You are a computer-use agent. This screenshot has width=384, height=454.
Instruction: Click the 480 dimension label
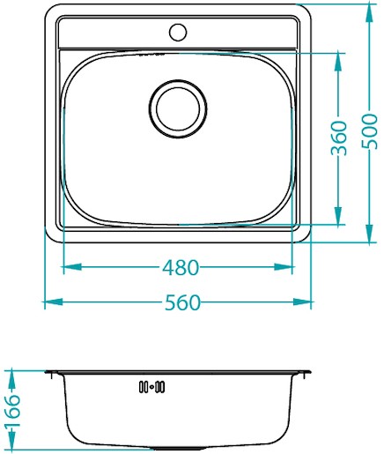(x=181, y=267)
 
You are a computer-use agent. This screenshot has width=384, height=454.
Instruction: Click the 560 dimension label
(x=182, y=302)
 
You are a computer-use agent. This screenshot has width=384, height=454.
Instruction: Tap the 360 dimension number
(x=338, y=138)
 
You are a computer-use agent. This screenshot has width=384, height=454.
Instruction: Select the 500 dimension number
(x=369, y=131)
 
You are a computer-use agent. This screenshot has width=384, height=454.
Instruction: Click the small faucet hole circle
(x=178, y=32)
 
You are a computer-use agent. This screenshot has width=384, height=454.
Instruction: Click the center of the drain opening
(x=178, y=108)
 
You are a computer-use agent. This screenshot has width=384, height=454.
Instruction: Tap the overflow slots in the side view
(x=151, y=387)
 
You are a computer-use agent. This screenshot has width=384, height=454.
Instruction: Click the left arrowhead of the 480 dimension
(x=72, y=267)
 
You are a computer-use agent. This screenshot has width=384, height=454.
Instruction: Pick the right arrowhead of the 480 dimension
(x=284, y=267)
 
